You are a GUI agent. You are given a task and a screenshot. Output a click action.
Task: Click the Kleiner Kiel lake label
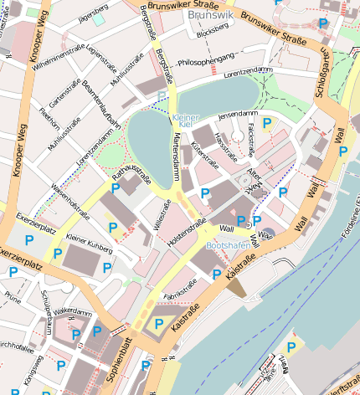[x=186, y=121]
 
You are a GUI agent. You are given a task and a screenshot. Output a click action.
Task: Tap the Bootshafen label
[x=227, y=245]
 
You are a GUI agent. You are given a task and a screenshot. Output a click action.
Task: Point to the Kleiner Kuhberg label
[x=89, y=244]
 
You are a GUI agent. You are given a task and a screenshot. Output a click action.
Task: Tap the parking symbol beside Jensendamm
[x=267, y=124]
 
